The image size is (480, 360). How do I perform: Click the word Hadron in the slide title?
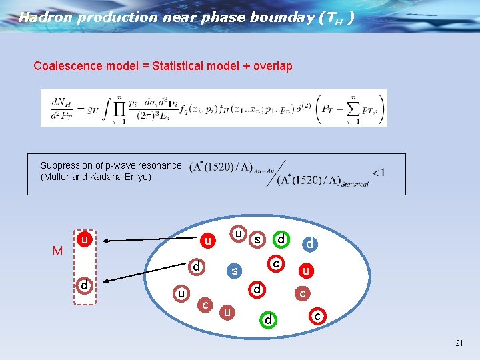pos(45,18)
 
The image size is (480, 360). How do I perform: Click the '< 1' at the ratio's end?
pos(378,173)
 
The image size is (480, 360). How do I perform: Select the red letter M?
pos(58,251)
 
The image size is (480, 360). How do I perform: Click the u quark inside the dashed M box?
pos(84,238)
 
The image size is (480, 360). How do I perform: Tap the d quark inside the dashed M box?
pos(84,285)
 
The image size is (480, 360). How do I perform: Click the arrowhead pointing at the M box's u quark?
pos(103,239)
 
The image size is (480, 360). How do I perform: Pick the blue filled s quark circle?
pos(234,271)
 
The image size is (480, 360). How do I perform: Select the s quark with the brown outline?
pos(257,239)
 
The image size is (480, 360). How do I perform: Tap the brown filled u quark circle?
pos(229,312)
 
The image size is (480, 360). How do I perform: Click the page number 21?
pos(459,343)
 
